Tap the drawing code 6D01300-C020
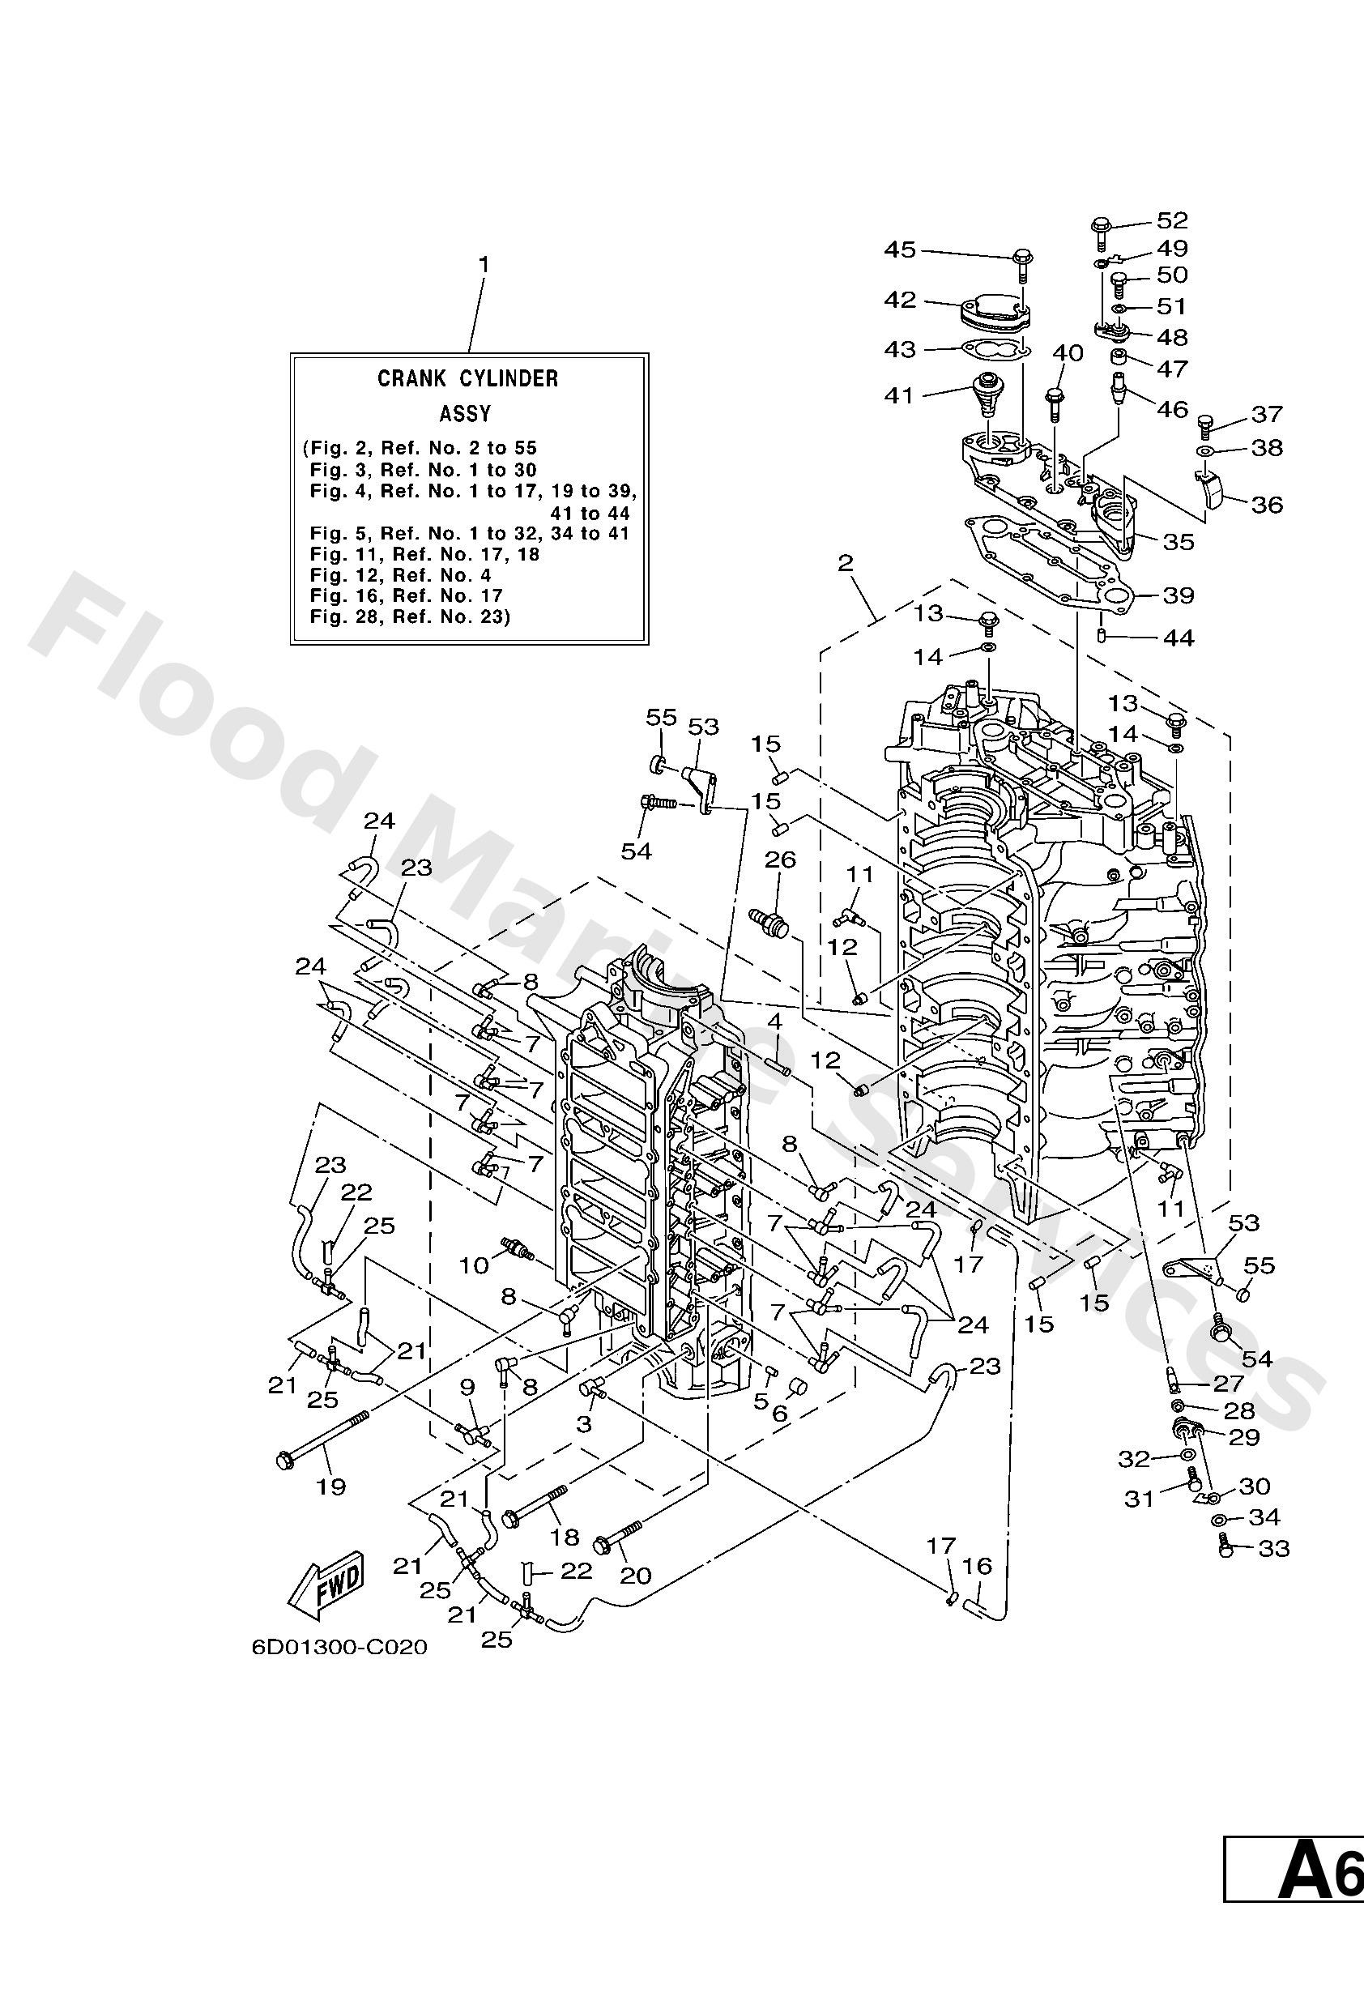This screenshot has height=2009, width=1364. click(x=339, y=1648)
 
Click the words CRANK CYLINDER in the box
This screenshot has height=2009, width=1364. click(x=467, y=377)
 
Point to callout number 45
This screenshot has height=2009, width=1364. click(x=899, y=250)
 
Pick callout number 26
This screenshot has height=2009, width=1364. click(x=780, y=860)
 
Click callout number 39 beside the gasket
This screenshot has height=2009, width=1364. click(x=1179, y=595)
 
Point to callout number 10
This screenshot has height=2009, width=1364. click(x=474, y=1265)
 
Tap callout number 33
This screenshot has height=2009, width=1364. click(x=1273, y=1548)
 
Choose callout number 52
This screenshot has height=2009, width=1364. click(x=1173, y=220)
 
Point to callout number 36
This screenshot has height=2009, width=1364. click(x=1266, y=504)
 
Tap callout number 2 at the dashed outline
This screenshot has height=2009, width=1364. click(x=846, y=564)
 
